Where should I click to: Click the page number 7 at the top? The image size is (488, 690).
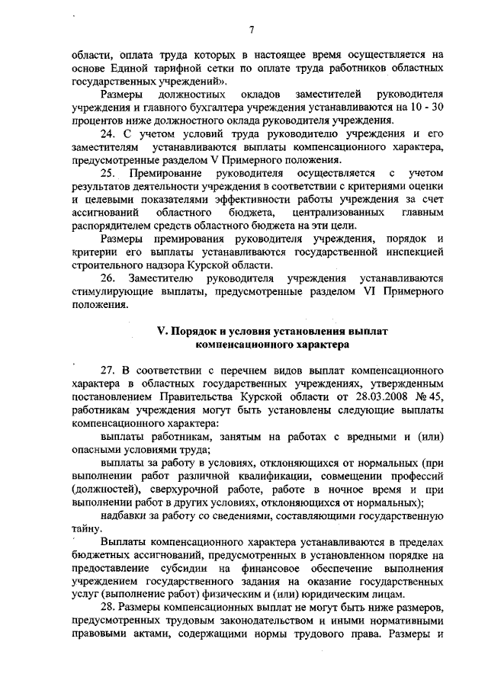point(250,30)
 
